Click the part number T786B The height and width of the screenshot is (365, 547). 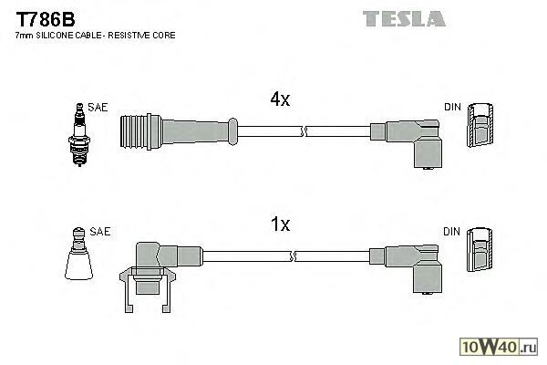coord(46,19)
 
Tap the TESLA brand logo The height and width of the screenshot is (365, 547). coord(404,18)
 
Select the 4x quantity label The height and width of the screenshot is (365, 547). coord(280,99)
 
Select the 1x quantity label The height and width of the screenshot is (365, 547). coord(280,224)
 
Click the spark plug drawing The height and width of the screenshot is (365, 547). coord(79,134)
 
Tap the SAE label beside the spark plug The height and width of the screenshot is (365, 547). coord(98,108)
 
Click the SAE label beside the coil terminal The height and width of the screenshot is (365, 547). coord(99,231)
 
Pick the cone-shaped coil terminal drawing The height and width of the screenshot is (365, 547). coord(78,254)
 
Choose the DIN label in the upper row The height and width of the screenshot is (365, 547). coord(452,107)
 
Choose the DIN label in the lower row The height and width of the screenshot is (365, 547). coord(451,231)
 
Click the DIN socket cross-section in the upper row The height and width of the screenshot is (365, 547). coord(480,125)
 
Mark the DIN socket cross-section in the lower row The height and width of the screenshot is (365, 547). coord(480,249)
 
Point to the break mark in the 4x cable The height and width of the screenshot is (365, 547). coord(304,131)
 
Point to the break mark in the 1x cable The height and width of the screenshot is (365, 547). coord(293,256)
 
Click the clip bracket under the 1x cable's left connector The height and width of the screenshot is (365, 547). coord(147,289)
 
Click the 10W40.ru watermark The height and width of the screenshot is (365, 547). coord(499,347)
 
